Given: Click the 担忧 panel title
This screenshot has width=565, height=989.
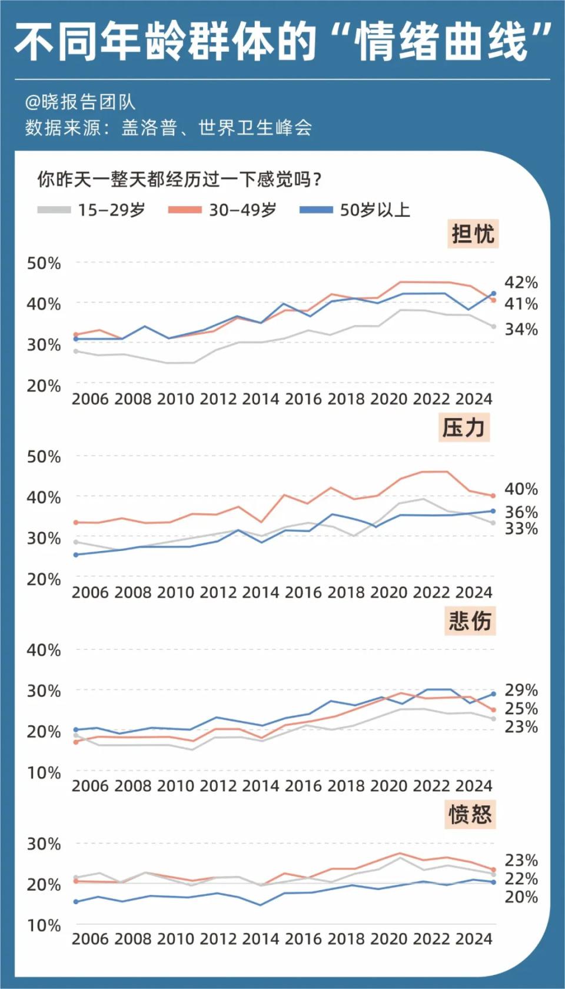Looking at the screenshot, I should coord(473,234).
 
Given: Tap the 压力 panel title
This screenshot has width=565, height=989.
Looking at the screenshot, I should coord(464,427).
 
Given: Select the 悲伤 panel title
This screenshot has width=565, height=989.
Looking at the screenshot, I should coord(470,621).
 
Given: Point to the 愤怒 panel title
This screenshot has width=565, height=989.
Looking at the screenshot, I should coord(470,814).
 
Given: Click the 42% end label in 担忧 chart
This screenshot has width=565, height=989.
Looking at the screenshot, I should coord(521,283).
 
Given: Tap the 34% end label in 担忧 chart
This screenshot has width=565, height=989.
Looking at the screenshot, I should coord(521,329).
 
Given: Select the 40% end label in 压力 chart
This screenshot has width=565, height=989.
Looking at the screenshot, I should coord(521,489).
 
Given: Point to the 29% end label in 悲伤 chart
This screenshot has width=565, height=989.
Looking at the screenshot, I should coord(521,689).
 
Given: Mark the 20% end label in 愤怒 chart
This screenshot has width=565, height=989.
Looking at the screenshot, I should coord(521,897).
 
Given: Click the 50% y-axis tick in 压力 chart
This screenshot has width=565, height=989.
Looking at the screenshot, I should coord(44,457).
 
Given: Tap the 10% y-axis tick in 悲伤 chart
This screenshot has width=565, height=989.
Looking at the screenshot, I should coord(44,772).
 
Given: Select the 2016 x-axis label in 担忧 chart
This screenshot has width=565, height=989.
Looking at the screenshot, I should coord(303,399).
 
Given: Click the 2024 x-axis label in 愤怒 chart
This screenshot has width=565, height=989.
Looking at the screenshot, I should coord(474,938).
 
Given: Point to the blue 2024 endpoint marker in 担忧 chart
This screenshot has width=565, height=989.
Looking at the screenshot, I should coord(493,293).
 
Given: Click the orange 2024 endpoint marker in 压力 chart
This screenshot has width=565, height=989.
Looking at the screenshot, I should coord(493,496).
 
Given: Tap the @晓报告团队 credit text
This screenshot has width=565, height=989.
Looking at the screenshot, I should coord(80,102).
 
